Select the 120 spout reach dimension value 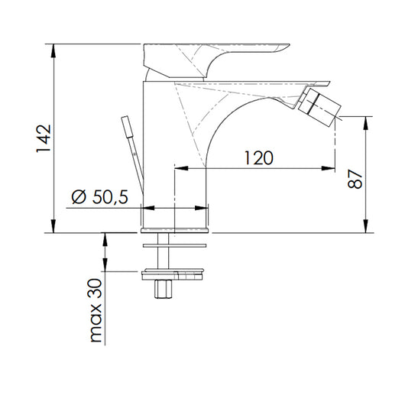[x=260, y=158]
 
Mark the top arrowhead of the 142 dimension [x=54, y=47]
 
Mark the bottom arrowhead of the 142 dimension [x=54, y=228]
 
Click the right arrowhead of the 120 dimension [x=330, y=167]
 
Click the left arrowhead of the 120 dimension [x=180, y=167]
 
